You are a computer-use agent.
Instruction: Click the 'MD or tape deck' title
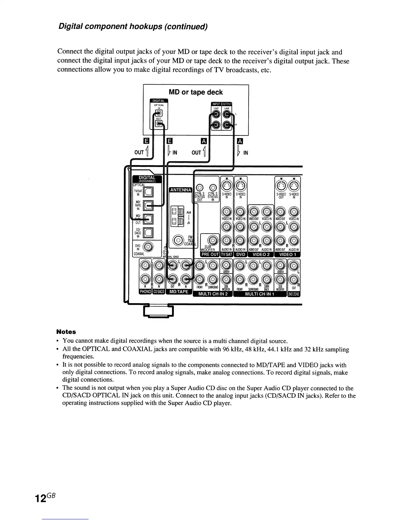click(196, 92)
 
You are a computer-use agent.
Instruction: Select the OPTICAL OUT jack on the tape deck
click(159, 124)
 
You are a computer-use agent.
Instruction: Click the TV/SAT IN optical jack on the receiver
click(148, 192)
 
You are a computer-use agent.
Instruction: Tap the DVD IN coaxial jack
click(148, 247)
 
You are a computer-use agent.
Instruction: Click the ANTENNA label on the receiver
click(180, 190)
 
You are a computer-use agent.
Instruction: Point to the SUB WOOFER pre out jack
click(212, 240)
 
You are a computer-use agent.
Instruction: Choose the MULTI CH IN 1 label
click(259, 294)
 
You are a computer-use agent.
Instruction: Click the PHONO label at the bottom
click(145, 292)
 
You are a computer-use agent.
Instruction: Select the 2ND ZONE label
click(294, 294)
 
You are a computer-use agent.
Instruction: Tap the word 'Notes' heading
click(66, 332)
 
